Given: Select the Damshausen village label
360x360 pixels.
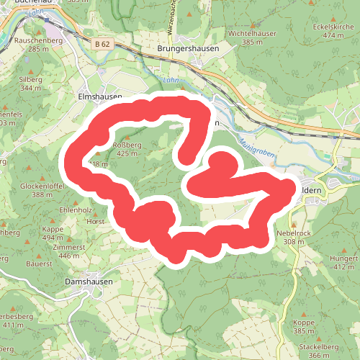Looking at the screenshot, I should (89, 282).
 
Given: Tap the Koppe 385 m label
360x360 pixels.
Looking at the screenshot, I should (304, 328).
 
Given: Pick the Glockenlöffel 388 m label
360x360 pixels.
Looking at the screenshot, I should (48, 190).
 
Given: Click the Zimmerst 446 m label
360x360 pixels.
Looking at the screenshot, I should (69, 251).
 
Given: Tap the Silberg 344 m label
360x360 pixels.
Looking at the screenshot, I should (32, 83).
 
